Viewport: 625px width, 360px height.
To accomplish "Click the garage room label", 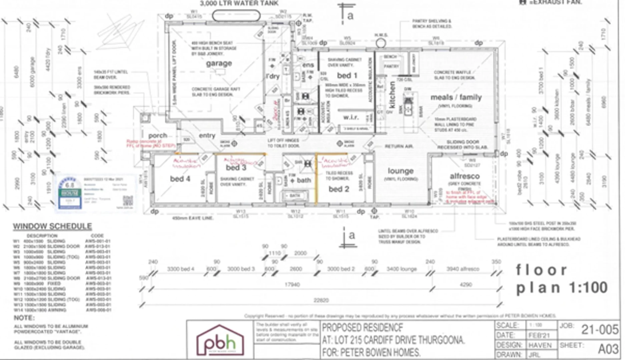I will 219,63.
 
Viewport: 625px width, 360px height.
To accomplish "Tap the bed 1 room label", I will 347,75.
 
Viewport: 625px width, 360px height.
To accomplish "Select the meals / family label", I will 456,97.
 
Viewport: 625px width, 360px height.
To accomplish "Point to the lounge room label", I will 401,171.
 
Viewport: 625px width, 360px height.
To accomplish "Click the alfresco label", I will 465,176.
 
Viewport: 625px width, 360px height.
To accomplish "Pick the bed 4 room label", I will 180,179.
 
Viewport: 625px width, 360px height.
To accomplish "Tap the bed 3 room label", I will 236,167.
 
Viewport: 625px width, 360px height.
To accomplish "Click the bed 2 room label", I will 339,189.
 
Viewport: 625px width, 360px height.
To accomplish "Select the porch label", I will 158,136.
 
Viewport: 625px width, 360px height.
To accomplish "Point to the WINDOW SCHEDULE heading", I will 52,226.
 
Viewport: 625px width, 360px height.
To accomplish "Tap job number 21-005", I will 600,330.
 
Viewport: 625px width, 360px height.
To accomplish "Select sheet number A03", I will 608,349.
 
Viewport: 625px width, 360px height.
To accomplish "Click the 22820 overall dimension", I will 321,300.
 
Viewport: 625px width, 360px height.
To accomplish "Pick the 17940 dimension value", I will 292,285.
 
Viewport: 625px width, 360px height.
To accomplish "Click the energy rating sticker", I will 70,193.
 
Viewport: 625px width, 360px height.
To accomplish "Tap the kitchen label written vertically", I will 392,95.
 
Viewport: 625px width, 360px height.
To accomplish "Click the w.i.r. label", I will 351,117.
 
